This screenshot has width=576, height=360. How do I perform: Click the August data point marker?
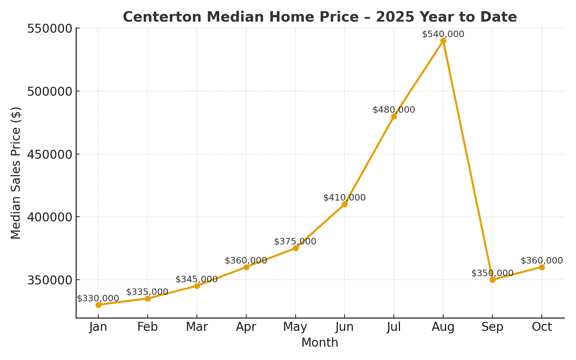click(x=443, y=41)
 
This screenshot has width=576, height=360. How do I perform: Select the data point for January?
click(x=98, y=305)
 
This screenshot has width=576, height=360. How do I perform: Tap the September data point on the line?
click(x=492, y=280)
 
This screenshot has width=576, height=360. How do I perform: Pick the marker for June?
click(x=345, y=204)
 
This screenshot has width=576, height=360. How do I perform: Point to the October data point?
click(x=542, y=267)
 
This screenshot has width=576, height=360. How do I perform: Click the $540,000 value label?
click(x=443, y=34)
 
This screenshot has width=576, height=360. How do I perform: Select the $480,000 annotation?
click(x=394, y=110)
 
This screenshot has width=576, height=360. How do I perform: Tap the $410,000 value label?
click(x=345, y=198)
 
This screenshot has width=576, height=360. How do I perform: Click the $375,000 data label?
click(x=295, y=242)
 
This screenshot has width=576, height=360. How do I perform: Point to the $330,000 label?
click(x=98, y=298)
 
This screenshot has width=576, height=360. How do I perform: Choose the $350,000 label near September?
click(x=492, y=273)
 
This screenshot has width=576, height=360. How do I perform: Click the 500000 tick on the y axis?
click(x=50, y=91)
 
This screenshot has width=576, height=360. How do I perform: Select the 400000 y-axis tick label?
click(x=50, y=217)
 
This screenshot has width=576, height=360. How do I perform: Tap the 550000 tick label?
click(x=50, y=28)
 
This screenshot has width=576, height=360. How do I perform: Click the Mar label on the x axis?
click(x=197, y=327)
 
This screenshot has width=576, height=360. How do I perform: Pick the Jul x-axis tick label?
click(x=394, y=327)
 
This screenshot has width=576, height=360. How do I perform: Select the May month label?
click(x=295, y=327)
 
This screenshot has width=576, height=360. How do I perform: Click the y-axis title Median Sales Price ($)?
click(x=16, y=173)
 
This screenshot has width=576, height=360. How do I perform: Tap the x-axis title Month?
click(x=320, y=343)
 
